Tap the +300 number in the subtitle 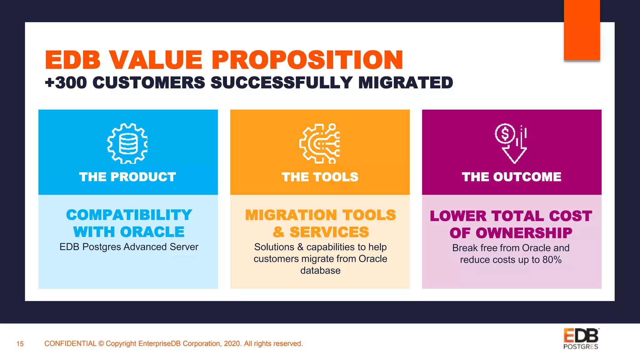pos(66,83)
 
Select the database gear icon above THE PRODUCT pos(127,143)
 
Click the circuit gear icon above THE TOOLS pos(320,143)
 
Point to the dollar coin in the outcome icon pos(504,134)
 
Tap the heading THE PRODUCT pos(127,177)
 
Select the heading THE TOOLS pos(320,177)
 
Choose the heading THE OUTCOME pos(512,177)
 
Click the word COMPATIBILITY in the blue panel pos(129,215)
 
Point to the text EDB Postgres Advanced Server pos(129,247)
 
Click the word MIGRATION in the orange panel pos(291,215)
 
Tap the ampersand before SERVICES pos(278,232)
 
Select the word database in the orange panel pos(320,271)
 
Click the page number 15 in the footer pos(20,344)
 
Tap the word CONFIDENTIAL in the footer pos(70,344)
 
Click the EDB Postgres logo pos(581,339)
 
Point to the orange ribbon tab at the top pos(582,30)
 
